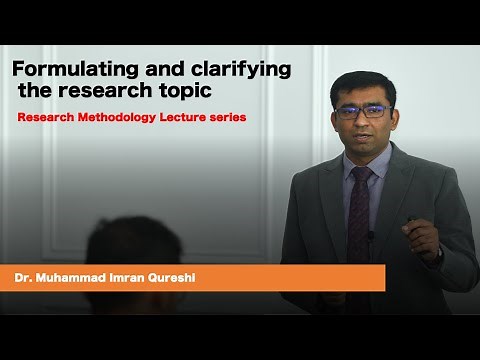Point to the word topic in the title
(186, 93)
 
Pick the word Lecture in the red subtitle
(184, 117)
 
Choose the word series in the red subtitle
(229, 117)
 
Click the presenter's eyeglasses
(363, 111)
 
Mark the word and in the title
(166, 69)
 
